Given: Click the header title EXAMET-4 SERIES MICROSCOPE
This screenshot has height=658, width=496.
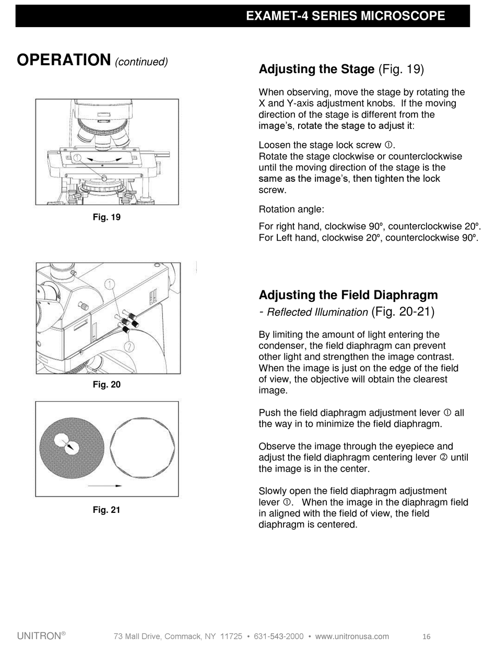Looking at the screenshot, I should coord(345,16).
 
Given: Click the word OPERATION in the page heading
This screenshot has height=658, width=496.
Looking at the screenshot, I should coord(64,60).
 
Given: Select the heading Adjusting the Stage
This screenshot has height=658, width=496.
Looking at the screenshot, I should coord(316,69).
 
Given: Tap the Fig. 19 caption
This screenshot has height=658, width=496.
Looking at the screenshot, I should coord(107,217).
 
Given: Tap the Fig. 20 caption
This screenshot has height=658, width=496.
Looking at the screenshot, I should coord(107,385).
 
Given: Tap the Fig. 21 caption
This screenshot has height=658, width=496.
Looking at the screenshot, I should coord(107,510).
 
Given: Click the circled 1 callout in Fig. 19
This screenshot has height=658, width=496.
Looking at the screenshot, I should coord(77,158).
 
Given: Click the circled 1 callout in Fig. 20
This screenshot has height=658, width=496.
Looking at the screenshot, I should coord(110,284).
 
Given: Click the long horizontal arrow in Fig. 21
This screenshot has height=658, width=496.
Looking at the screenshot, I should coord(104,486).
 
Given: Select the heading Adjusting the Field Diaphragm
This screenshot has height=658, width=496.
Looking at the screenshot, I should coord(348,295).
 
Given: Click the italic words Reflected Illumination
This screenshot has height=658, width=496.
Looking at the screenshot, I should coord(317,312).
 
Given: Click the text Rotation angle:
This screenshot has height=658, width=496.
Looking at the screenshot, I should coord(291,209).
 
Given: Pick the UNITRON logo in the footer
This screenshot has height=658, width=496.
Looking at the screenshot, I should coord(41,636).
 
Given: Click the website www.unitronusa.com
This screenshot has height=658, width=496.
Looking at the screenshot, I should coord(352,636).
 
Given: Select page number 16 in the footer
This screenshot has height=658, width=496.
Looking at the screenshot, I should coord(426,636).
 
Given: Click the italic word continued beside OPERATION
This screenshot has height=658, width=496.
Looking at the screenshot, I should coord(141,62).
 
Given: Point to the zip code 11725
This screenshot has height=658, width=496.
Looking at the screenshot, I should coord(231,636).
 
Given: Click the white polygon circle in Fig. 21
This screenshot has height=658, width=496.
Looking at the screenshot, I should coord(143,449).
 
